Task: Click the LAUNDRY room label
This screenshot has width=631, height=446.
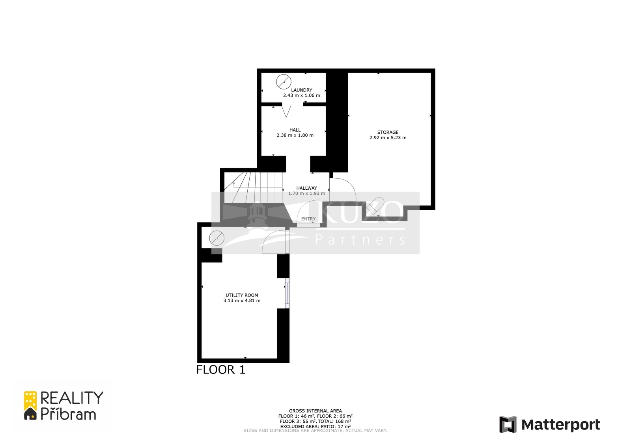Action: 301,90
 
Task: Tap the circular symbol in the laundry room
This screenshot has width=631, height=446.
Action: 284,82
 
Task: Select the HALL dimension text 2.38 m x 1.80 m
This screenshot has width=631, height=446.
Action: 295,135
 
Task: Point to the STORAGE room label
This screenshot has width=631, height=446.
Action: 388,132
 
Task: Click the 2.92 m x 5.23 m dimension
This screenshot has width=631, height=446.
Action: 388,138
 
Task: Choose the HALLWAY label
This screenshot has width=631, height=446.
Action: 306,188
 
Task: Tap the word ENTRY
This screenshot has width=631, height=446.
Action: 308,219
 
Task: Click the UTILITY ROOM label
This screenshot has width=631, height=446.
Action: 242,295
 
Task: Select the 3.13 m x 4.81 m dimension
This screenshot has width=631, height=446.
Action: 242,300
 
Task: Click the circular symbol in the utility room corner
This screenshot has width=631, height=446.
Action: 217,238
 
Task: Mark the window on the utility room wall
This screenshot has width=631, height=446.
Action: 287,293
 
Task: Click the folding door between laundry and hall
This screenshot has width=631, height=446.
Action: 286,111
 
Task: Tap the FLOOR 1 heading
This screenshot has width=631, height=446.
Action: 220,370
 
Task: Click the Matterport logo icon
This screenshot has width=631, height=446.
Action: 508,425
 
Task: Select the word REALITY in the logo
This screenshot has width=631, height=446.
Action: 72,398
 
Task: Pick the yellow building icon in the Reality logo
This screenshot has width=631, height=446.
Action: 30,400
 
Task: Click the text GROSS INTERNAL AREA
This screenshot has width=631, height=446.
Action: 315,411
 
